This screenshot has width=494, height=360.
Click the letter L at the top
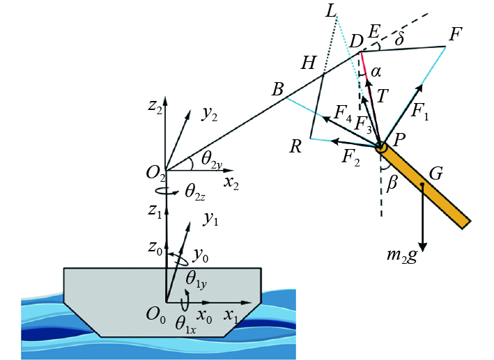[330, 11]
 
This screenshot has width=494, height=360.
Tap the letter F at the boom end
[456, 34]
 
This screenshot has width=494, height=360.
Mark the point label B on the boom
[277, 89]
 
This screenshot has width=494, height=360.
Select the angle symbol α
[376, 72]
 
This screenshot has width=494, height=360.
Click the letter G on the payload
[436, 173]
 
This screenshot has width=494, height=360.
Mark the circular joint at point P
[380, 147]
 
